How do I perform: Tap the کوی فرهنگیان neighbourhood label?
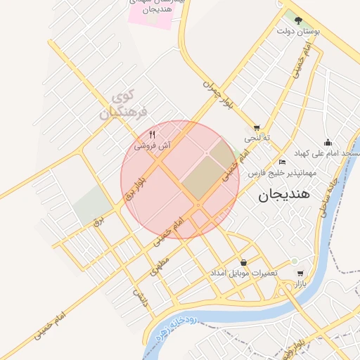[123, 103]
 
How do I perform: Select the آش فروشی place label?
[153, 145]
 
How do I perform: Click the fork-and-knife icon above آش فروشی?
[153, 134]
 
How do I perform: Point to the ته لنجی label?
[257, 139]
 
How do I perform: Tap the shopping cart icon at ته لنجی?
[257, 127]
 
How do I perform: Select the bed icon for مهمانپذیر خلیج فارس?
[283, 161]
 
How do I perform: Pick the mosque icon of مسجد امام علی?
[327, 143]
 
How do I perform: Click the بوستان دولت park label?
[298, 32]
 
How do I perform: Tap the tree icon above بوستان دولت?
[298, 20]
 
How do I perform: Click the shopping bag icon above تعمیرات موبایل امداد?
[243, 262]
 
